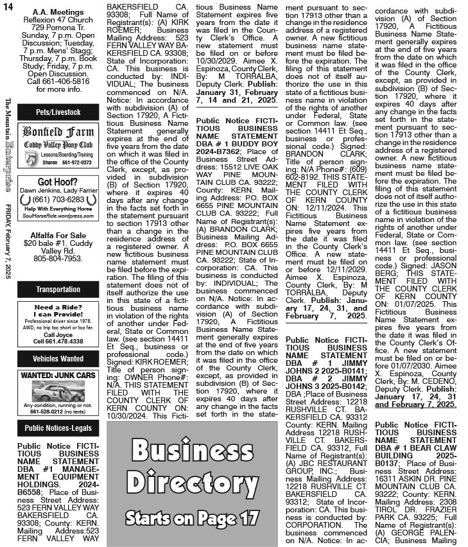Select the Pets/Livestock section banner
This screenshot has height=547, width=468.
[x=58, y=112]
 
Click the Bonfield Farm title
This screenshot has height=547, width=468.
[x=58, y=133]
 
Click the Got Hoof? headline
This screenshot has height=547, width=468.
[x=58, y=182]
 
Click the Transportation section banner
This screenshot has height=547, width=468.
[x=58, y=290]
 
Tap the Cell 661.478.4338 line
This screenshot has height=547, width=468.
[x=58, y=341]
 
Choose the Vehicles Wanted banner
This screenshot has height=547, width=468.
[x=58, y=359]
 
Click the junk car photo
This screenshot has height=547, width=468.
[x=58, y=392]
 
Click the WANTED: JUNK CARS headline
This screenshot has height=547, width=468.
[x=58, y=375]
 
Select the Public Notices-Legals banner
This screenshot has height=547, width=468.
[x=58, y=428]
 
